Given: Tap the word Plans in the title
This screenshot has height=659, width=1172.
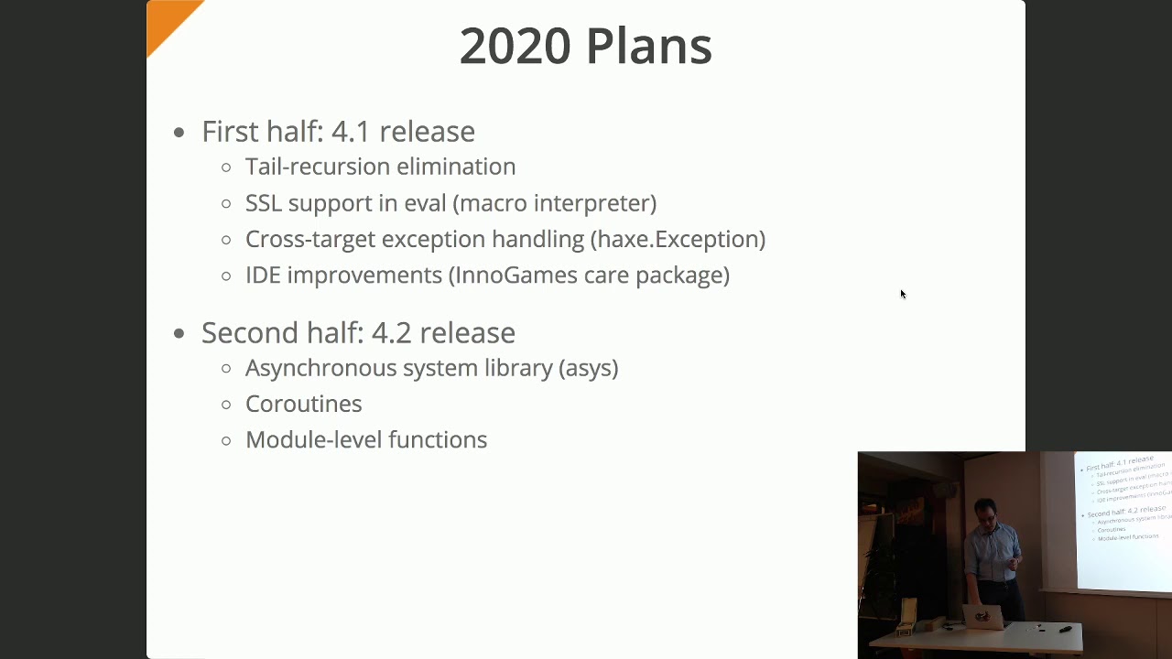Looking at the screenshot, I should tap(648, 46).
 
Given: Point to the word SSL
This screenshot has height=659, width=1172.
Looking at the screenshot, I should tap(266, 202).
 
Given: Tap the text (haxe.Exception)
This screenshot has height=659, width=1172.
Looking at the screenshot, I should tap(678, 239).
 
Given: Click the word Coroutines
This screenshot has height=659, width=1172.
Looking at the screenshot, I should tap(303, 404).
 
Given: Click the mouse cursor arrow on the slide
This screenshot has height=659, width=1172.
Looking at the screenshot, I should tap(903, 294).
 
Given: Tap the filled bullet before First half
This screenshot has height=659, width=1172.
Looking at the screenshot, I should tap(179, 132).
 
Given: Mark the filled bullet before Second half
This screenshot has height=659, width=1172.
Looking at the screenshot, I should tap(179, 333).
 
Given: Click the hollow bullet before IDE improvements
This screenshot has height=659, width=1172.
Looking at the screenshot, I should tap(226, 275).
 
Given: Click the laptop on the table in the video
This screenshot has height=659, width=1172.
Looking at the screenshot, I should tap(982, 617).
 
